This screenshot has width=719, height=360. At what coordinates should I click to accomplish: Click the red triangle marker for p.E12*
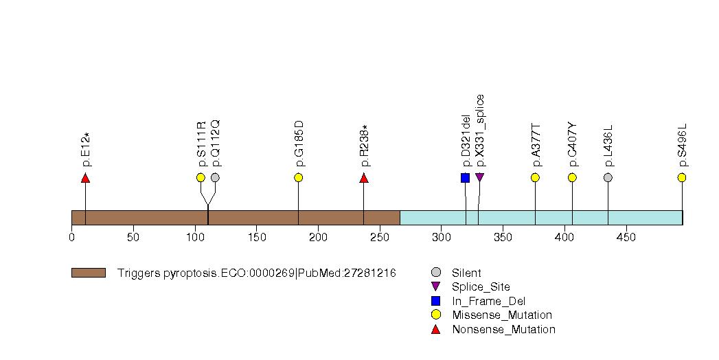85,178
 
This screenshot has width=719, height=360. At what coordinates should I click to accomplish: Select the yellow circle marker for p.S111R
201,177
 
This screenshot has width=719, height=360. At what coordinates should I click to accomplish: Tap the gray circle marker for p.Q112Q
215,177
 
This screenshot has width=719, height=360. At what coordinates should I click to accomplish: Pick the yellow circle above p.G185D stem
298,177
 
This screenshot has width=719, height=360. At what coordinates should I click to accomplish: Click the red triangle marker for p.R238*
364,178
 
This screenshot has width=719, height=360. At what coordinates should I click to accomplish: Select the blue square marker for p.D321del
465,178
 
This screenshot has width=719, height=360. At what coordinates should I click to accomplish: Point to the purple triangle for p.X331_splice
479,178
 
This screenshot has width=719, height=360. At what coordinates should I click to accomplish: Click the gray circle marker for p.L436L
608,177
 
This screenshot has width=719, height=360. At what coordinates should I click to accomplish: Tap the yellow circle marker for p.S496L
681,177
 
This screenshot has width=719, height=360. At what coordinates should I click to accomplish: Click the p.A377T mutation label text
536,146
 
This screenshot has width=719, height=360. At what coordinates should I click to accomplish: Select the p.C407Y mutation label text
573,145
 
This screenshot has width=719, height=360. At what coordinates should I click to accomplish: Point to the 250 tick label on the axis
380,238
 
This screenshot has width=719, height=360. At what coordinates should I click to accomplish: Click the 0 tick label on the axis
71,238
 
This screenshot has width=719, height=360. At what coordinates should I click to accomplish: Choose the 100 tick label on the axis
195,238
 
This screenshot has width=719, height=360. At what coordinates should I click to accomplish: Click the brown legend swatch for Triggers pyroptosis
88,273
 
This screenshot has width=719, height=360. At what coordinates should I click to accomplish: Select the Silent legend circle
435,273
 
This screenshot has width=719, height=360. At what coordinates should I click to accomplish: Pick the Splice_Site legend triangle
435,286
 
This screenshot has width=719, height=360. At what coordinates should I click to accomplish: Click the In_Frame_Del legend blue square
435,301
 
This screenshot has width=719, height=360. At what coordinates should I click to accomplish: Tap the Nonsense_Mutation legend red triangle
435,329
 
